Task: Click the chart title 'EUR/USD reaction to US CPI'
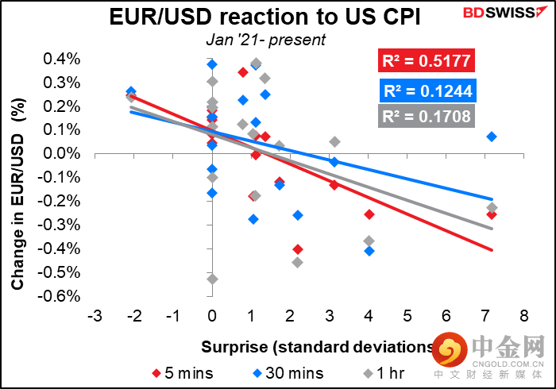(264, 17)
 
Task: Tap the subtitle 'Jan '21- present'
(265, 40)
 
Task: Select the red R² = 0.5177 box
(427, 60)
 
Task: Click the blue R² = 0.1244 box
(427, 91)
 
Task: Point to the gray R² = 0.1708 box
(427, 116)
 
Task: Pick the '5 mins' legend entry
(183, 373)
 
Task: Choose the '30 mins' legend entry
(288, 373)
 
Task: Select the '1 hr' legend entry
(384, 373)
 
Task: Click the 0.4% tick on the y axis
(62, 59)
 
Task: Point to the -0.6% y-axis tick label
(59, 296)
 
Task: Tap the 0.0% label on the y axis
(62, 154)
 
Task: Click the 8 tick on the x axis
(524, 315)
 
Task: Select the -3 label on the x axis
(95, 315)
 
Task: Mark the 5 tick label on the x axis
(407, 315)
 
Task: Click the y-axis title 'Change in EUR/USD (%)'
(17, 194)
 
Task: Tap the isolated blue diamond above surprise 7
(492, 137)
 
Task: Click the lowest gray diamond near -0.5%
(212, 279)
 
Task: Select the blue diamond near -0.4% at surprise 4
(369, 251)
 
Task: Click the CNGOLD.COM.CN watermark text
(508, 364)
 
